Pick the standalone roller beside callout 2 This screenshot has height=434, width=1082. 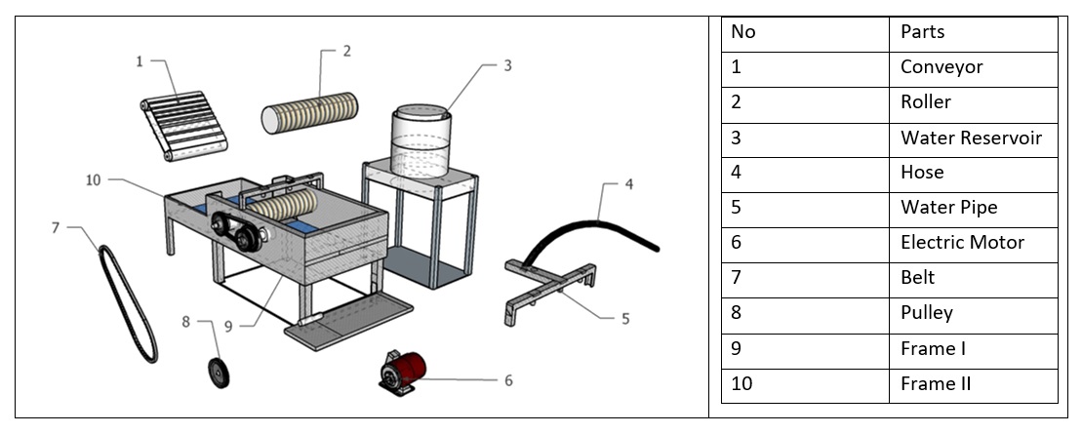pos(309,112)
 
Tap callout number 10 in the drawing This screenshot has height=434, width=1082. pos(92,179)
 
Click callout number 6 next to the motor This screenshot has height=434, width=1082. pos(507,380)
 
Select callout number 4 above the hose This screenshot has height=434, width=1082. pos(629,183)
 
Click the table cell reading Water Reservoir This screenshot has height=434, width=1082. pos(971,138)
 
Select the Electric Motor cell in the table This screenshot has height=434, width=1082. pos(962,243)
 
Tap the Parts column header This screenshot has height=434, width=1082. pos(923,32)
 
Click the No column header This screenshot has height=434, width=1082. pos(743,32)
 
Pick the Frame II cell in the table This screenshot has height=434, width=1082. pos(935,383)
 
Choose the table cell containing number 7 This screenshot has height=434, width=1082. pos(737,278)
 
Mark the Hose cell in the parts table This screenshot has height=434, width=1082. pos(922,173)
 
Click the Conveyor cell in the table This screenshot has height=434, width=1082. pos(942,67)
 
